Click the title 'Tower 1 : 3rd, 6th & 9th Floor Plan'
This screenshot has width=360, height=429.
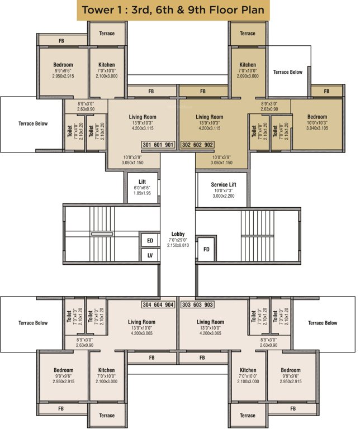coord(173,10)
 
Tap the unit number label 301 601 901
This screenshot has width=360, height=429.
coord(158,145)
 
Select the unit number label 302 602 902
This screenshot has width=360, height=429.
coord(197,145)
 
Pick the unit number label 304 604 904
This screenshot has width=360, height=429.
coord(158,305)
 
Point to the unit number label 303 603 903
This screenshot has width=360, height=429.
coord(197,305)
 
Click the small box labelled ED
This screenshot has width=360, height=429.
coord(150,241)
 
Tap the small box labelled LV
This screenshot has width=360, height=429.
coord(150,255)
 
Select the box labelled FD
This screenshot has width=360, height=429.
coord(206,249)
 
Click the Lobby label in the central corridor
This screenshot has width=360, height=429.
coord(178,234)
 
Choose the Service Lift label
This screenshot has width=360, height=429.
coord(224,184)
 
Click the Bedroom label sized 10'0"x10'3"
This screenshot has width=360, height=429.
coord(316,117)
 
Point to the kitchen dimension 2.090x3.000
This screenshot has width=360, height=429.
coord(247,76)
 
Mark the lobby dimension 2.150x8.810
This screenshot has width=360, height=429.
coord(178,245)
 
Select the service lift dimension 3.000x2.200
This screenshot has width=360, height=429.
coord(224,197)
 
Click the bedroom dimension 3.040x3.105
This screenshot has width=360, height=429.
coord(316,128)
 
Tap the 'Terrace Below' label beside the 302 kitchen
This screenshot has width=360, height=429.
coord(288,72)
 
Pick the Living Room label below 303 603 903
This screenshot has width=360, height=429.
coord(210,322)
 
